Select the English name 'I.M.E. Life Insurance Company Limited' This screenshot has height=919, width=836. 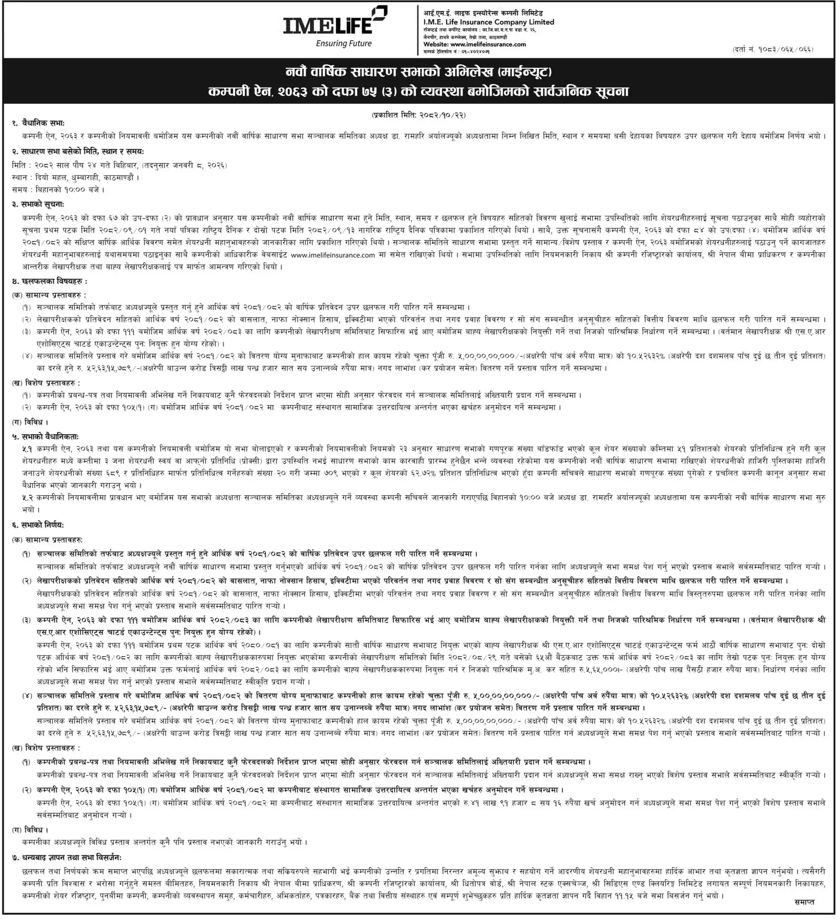coord(489,22)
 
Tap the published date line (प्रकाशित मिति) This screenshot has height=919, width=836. coord(418,116)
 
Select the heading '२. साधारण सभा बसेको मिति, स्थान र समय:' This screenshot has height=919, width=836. coord(79,151)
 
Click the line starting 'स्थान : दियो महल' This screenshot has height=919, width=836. coord(75,177)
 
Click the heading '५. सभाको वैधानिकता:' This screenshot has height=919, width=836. coord(45,437)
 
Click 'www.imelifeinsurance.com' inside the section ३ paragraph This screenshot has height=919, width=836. coord(332,256)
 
